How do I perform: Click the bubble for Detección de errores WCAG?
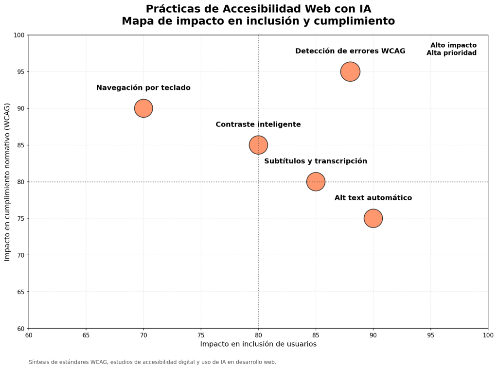click(x=350, y=71)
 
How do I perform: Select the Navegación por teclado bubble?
click(x=143, y=108)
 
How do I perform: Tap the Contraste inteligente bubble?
click(x=258, y=145)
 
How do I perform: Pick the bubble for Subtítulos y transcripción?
click(x=316, y=181)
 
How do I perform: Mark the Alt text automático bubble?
click(x=373, y=218)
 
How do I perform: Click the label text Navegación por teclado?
click(x=143, y=88)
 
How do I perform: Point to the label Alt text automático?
click(x=373, y=198)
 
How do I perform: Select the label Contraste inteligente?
click(x=258, y=124)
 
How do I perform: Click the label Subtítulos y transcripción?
click(x=316, y=161)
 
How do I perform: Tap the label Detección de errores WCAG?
click(x=350, y=51)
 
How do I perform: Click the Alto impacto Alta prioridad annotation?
click(x=452, y=49)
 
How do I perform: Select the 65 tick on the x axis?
click(x=86, y=335)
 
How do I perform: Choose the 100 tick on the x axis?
click(x=487, y=335)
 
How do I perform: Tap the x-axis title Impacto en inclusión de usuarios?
click(x=258, y=344)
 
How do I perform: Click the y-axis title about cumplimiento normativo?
click(x=7, y=181)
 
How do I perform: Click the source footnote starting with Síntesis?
click(x=152, y=362)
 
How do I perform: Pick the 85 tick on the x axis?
click(x=316, y=335)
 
